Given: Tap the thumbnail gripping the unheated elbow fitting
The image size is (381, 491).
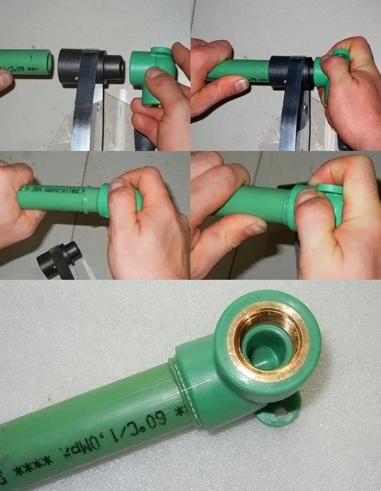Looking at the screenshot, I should point(155,74).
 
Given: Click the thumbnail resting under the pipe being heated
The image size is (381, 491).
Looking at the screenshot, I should point(241,85).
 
